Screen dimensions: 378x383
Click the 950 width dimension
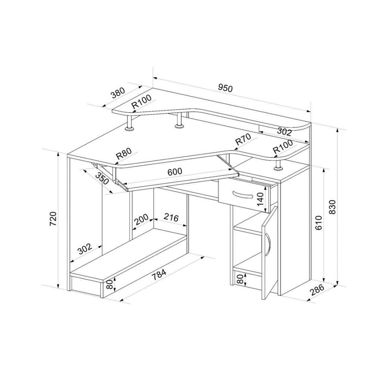[225, 88]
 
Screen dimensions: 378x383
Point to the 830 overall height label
[332, 207]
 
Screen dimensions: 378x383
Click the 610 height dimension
[319, 223]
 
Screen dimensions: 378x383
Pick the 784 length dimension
[159, 274]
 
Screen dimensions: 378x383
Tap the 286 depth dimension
[317, 290]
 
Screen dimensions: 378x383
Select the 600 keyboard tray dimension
[175, 172]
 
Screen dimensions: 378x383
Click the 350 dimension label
[102, 178]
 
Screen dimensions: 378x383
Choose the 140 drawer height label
[260, 199]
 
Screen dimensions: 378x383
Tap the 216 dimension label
[171, 217]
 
